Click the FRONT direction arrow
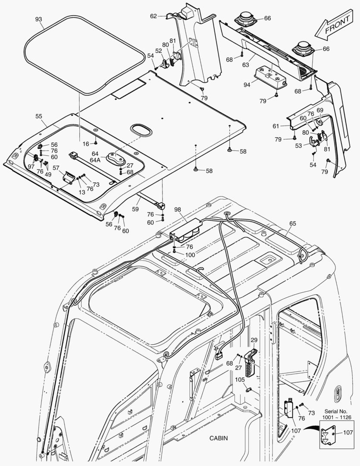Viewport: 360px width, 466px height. pyautogui.click(x=335, y=27)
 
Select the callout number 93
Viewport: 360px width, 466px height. pyautogui.click(x=39, y=19)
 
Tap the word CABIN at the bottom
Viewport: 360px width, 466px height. pyautogui.click(x=219, y=438)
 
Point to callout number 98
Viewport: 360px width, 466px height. pyautogui.click(x=178, y=209)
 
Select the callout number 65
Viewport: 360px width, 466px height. pyautogui.click(x=293, y=224)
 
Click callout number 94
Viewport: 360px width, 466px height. pyautogui.click(x=247, y=85)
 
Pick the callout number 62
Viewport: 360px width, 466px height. pyautogui.click(x=153, y=16)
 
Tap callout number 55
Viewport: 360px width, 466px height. pyautogui.click(x=39, y=116)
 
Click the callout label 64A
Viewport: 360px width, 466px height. pyautogui.click(x=95, y=160)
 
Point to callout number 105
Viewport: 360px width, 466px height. pyautogui.click(x=240, y=379)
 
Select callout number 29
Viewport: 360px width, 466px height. pyautogui.click(x=254, y=340)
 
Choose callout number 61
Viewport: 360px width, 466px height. pyautogui.click(x=276, y=126)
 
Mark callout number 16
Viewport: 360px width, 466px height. pyautogui.click(x=86, y=143)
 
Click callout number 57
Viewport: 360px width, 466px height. pyautogui.click(x=56, y=167)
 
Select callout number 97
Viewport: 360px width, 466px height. pyautogui.click(x=31, y=167)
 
